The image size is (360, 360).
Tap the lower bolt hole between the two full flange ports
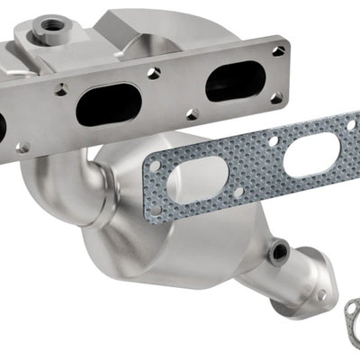tap(192, 114)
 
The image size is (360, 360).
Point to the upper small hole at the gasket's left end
tap(155, 166)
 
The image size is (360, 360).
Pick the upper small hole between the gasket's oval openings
tap(273, 141)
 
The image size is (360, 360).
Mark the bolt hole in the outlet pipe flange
tap(320, 294)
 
